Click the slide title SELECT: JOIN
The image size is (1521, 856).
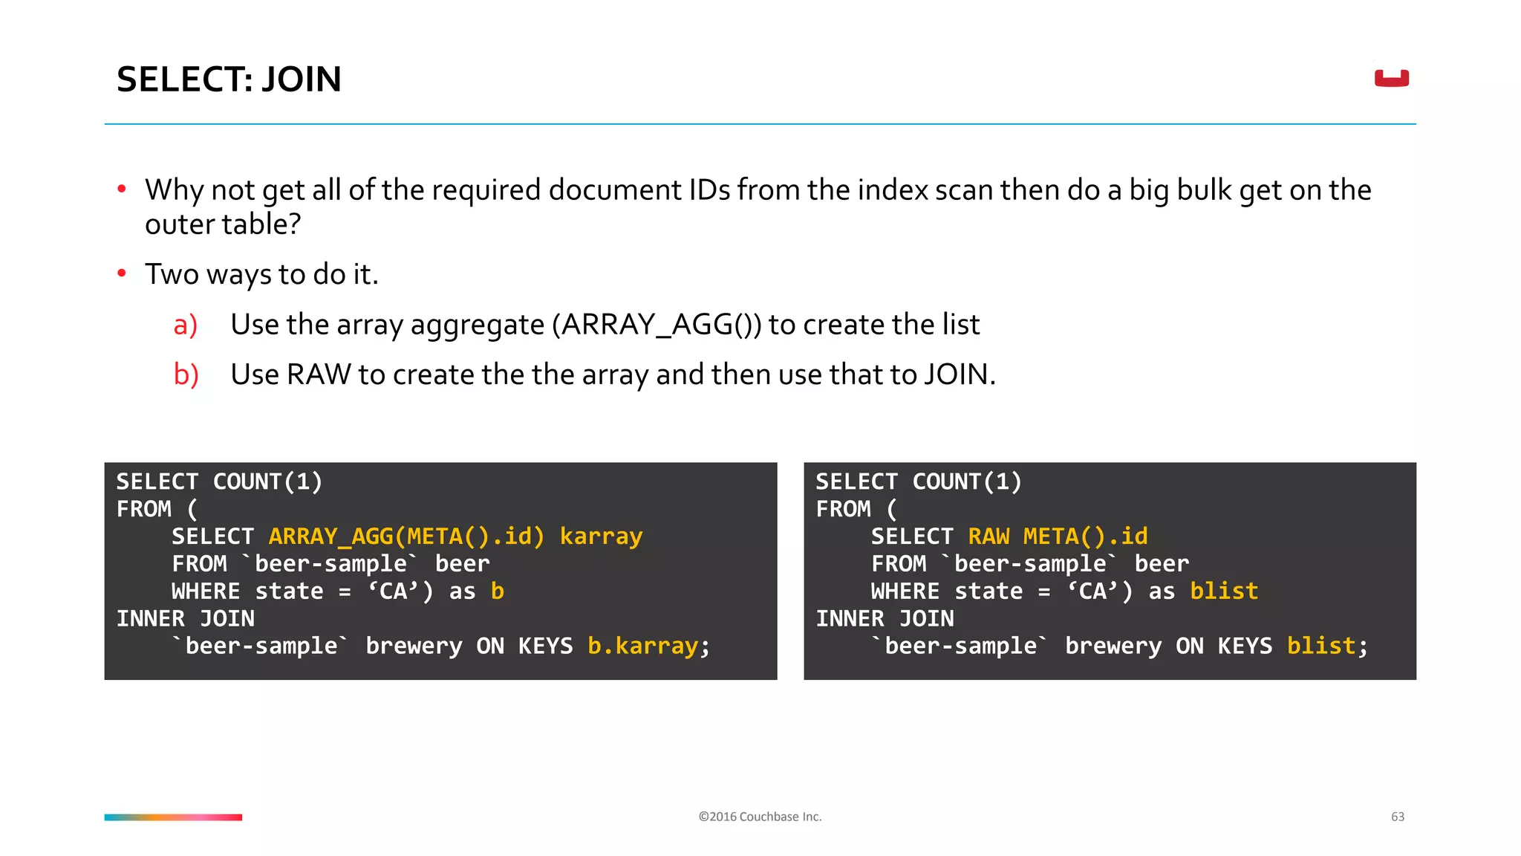click(229, 80)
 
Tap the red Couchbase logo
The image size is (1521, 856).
click(1391, 78)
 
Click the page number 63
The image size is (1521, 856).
click(1397, 817)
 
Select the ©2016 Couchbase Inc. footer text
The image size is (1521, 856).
click(760, 817)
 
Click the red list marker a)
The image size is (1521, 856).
click(186, 325)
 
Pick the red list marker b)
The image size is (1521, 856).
click(186, 375)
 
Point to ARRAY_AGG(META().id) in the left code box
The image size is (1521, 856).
click(406, 536)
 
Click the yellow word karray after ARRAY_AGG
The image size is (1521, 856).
click(601, 536)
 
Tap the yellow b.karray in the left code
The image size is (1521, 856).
click(642, 646)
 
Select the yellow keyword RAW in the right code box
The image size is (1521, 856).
click(989, 536)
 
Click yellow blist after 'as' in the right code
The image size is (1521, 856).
click(1224, 591)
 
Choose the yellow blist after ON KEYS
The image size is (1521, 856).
click(1321, 646)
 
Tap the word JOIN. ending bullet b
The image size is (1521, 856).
click(960, 374)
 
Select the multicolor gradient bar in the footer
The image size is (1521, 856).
click(173, 817)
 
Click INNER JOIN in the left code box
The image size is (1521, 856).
click(186, 619)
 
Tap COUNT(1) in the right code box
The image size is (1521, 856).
click(967, 482)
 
